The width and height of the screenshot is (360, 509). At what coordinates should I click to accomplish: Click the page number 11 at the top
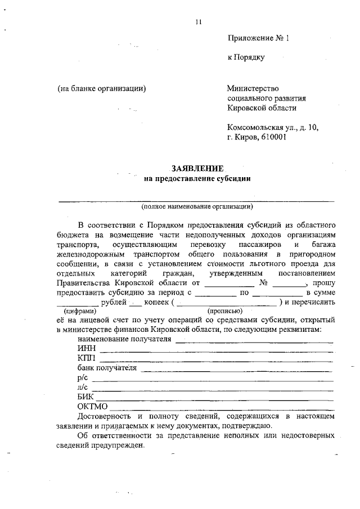click(198, 22)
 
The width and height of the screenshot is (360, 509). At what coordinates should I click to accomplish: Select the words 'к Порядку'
click(246, 57)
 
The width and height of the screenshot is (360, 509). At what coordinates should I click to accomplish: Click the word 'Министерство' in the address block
click(253, 88)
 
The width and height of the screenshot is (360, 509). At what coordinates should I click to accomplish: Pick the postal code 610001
click(273, 137)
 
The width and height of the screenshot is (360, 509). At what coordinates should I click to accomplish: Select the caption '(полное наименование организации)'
click(197, 206)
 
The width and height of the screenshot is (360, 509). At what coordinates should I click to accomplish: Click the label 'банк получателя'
click(107, 368)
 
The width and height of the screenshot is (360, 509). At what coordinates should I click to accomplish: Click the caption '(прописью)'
click(225, 310)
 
